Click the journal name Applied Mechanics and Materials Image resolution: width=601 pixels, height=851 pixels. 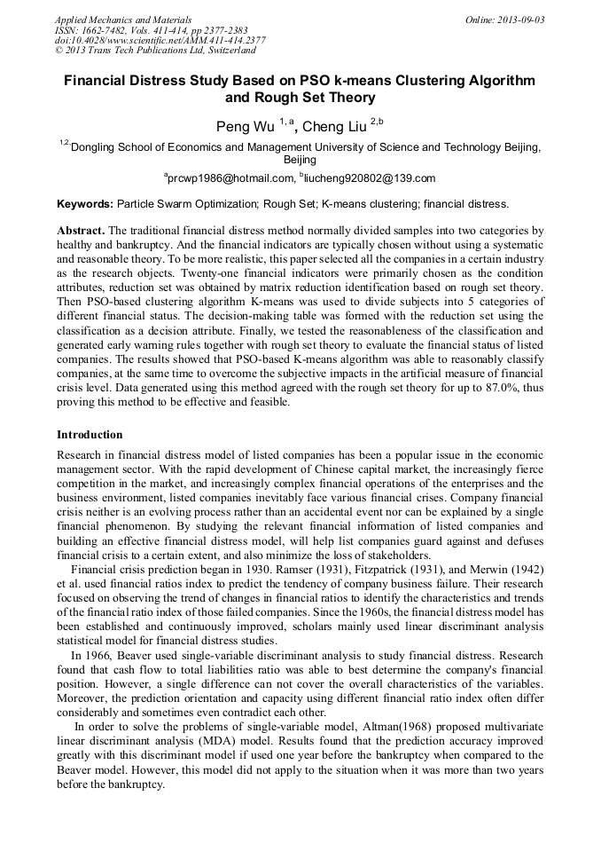(123, 19)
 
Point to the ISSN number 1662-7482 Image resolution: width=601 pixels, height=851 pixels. (104, 29)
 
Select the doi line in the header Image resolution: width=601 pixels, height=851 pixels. (160, 40)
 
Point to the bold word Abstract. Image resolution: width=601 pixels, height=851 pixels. (81, 230)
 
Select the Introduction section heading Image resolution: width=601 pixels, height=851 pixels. (90, 435)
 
